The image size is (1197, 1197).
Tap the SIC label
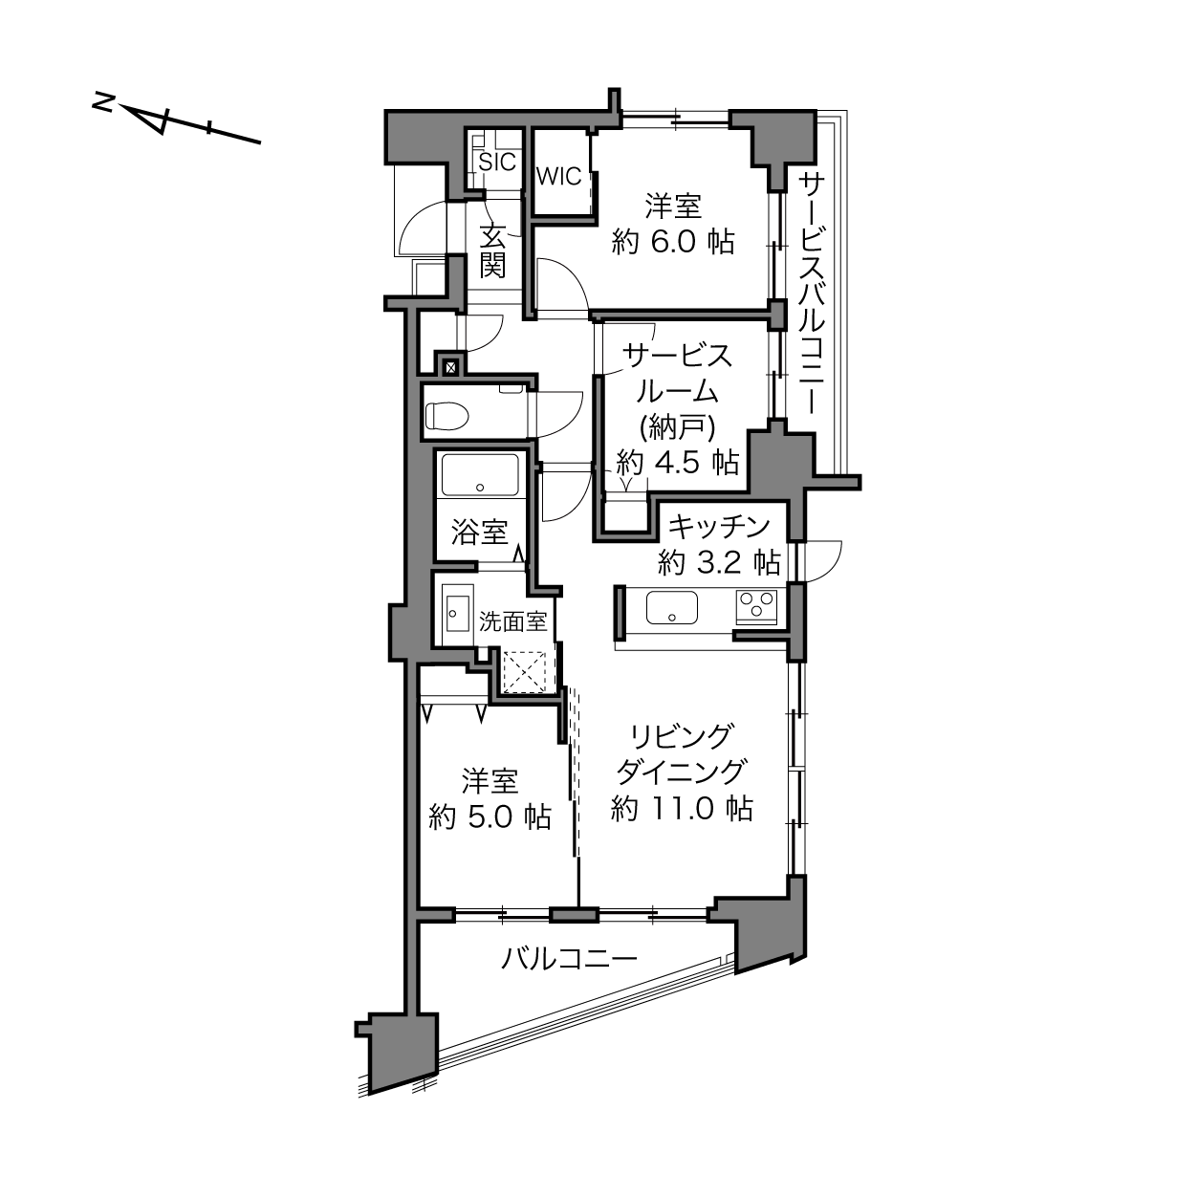497,163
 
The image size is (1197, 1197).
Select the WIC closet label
559,177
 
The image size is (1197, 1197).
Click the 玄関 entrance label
493,252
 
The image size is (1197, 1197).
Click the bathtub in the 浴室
479,475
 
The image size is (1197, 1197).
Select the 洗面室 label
512,621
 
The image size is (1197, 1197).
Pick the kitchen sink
671,607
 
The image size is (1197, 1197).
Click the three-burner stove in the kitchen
756,606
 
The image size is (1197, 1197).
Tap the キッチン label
720,528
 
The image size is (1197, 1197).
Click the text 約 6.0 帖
673,242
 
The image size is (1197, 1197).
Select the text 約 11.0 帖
682,809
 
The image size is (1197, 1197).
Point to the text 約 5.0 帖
490,817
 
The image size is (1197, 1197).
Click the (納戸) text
677,427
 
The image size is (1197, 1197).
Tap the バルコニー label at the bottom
570,959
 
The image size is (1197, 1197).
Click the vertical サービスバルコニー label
812,294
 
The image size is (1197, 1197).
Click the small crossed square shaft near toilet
451,367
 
